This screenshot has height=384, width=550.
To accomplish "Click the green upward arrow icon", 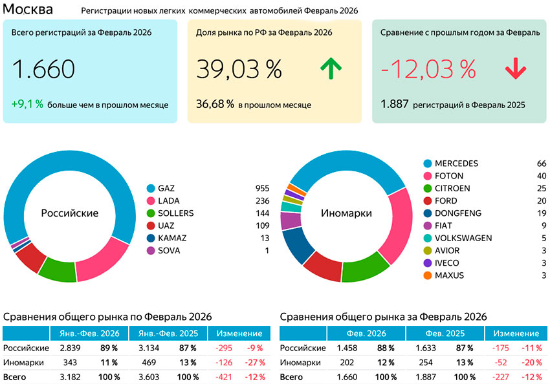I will (x=331, y=69).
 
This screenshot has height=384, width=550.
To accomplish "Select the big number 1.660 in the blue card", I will (x=43, y=69).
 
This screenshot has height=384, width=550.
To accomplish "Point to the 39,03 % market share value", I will (x=239, y=69).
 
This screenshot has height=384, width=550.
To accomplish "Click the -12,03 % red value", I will (x=428, y=69).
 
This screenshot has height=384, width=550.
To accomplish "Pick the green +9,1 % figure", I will (x=27, y=103).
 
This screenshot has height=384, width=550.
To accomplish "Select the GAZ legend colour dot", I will (x=151, y=188).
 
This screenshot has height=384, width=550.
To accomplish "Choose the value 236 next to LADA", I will (x=262, y=200).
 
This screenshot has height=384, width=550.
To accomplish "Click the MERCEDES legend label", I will (x=456, y=164).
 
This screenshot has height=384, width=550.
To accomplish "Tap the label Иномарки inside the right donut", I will (x=345, y=213).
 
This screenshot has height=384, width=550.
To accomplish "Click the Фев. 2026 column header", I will (x=366, y=334).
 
